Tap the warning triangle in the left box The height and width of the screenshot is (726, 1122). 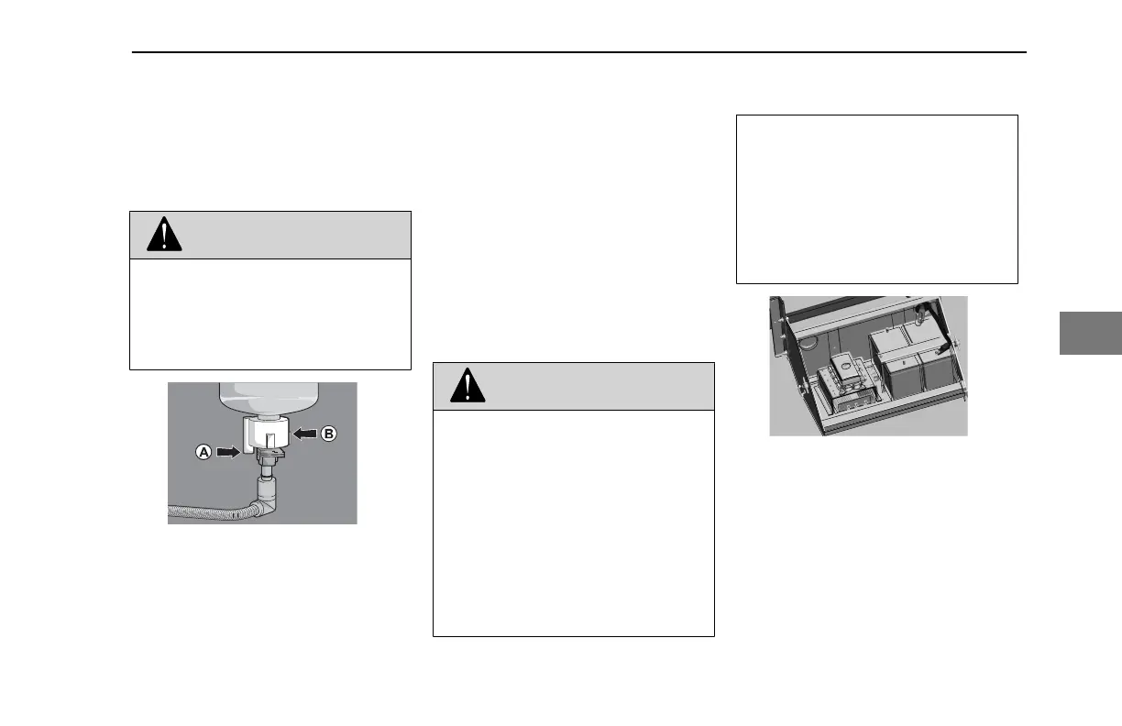[x=165, y=236]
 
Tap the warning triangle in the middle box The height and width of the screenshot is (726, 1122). [x=467, y=386]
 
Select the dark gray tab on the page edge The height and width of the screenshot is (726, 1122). [x=1091, y=333]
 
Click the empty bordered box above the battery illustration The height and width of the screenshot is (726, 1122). [x=877, y=199]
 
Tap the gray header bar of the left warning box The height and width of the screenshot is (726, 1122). [x=270, y=236]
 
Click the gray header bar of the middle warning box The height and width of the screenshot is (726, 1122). [x=573, y=386]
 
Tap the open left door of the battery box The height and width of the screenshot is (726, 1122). [x=780, y=348]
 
